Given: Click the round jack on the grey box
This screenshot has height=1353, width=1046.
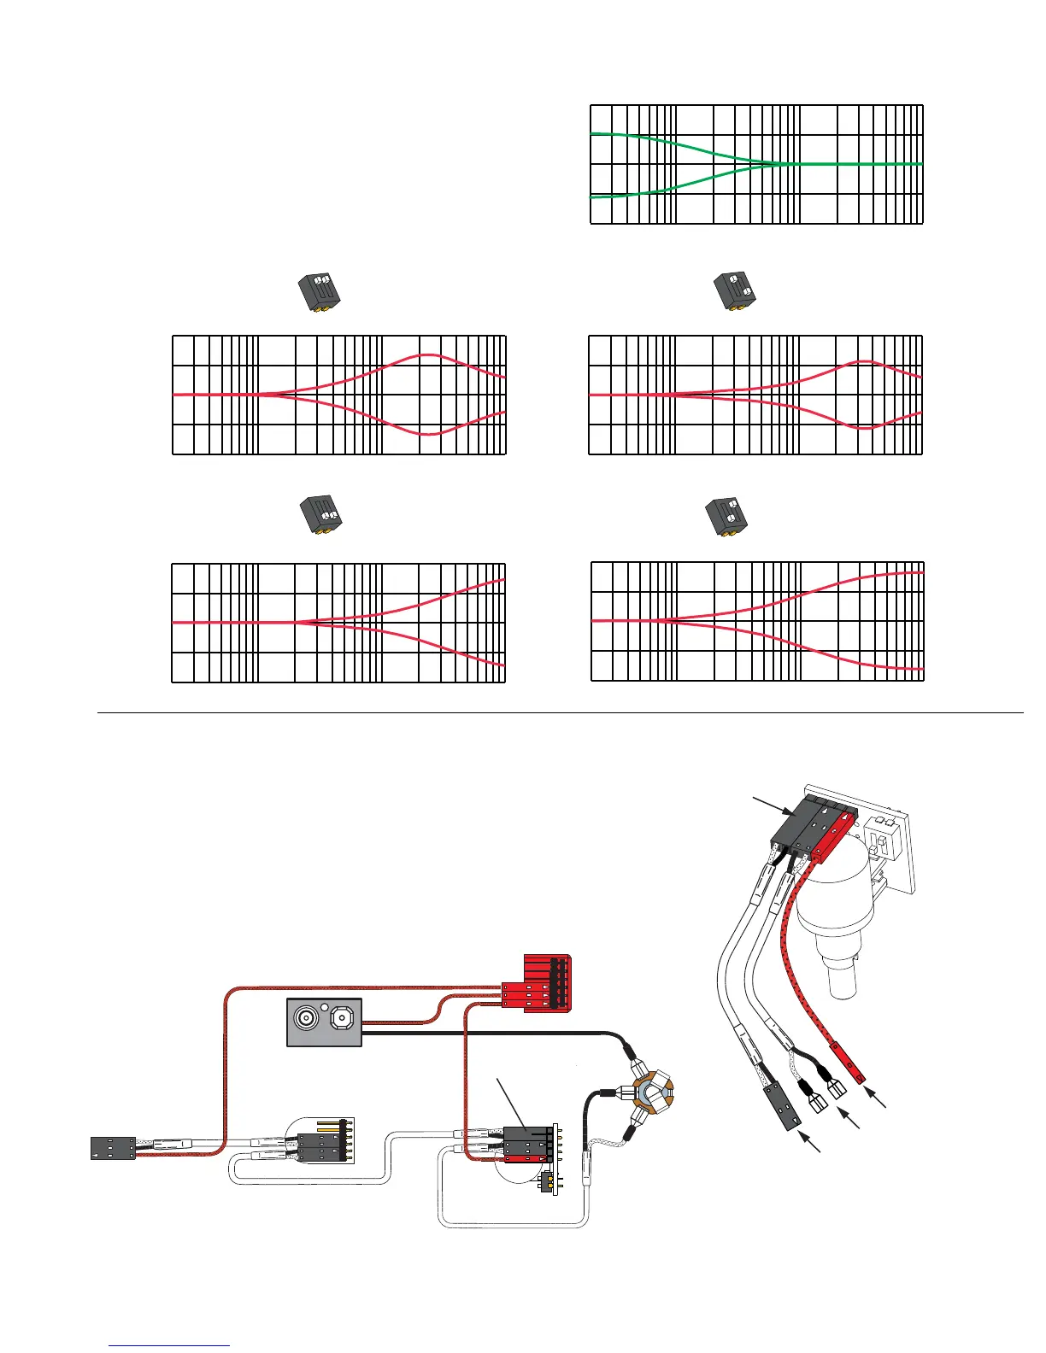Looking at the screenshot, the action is pyautogui.click(x=307, y=1019).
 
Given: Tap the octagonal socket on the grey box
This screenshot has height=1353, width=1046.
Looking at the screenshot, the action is pyautogui.click(x=342, y=1019).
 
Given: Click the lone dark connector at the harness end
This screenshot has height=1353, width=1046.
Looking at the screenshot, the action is pyautogui.click(x=113, y=1148).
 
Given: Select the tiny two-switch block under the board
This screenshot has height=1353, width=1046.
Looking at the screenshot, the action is pyautogui.click(x=547, y=1183).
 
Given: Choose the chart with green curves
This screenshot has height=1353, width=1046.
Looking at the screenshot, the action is pyautogui.click(x=756, y=164).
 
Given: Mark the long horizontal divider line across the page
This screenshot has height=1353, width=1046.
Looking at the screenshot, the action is pyautogui.click(x=560, y=712).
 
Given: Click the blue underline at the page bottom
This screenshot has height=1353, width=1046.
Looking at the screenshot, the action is pyautogui.click(x=170, y=1346).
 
